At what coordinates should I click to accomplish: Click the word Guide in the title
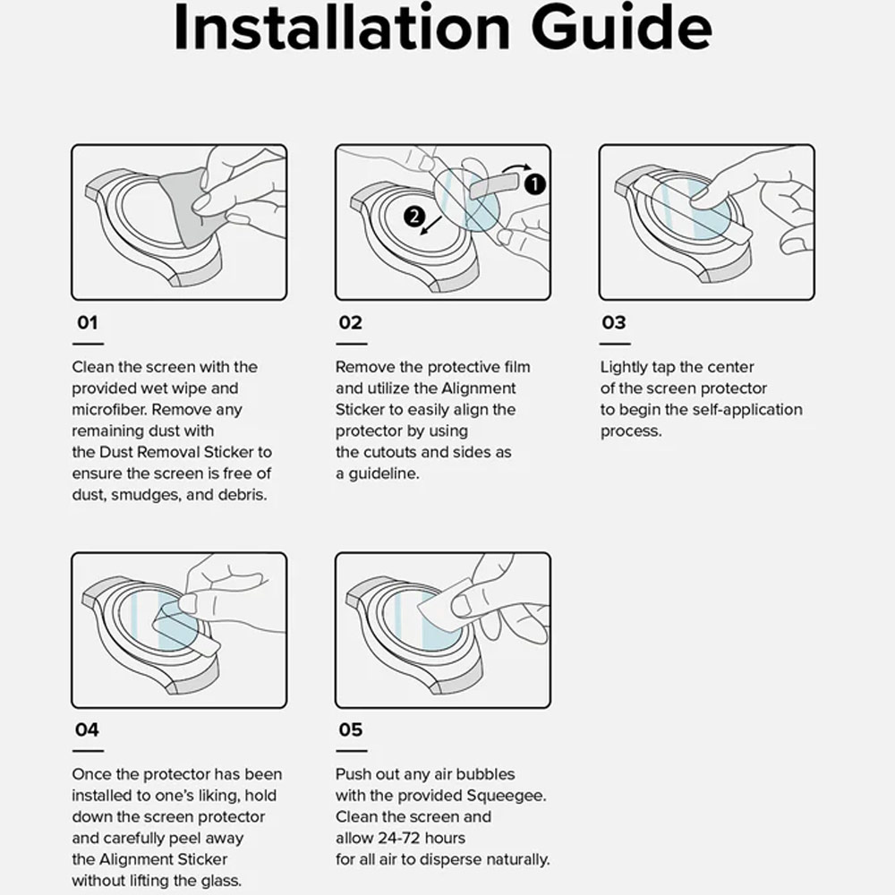(x=622, y=26)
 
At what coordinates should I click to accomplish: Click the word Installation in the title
(x=341, y=26)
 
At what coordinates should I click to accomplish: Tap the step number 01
(x=88, y=322)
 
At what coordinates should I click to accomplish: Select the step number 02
(x=351, y=322)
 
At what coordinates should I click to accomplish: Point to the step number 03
(x=614, y=322)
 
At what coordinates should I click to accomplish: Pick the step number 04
(x=87, y=729)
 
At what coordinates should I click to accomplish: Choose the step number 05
(x=351, y=729)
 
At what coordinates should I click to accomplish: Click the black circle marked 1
(x=534, y=183)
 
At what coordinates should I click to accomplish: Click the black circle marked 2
(x=414, y=217)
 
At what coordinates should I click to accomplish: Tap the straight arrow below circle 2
(x=431, y=225)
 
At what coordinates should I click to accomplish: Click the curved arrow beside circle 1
(x=516, y=167)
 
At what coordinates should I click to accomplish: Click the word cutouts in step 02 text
(x=390, y=452)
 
